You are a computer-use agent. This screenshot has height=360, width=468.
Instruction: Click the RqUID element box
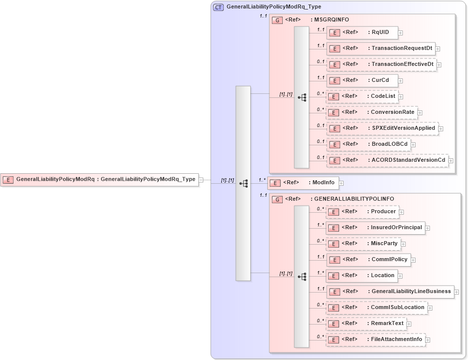pos(362,32)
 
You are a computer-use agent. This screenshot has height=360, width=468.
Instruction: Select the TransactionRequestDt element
pos(381,48)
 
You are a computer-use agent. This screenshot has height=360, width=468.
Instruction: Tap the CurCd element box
pos(362,80)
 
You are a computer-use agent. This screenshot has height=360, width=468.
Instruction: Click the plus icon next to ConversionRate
pos(420,113)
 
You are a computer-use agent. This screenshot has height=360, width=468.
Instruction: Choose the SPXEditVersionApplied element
pos(383,128)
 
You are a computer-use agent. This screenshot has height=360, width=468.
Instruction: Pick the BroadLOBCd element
pos(369,144)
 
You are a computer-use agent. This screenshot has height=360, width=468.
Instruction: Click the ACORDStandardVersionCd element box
pos(388,160)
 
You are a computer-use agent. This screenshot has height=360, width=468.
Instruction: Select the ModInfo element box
pos(303,183)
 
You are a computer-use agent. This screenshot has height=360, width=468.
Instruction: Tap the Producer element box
pos(363,212)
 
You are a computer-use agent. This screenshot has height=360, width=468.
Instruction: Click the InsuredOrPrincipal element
pos(376,228)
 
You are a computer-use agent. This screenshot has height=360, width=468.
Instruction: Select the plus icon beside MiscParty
pos(404,244)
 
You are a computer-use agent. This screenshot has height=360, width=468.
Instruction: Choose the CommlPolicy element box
pos(369,260)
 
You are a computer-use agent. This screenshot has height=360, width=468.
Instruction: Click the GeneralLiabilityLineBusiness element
pos(390,292)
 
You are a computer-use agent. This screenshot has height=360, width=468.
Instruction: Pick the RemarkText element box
pos(366,324)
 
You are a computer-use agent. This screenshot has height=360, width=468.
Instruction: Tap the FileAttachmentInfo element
pos(376,340)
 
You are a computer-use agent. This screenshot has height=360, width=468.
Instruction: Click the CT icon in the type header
pos(218,7)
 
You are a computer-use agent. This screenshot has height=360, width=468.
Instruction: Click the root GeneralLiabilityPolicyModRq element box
pos(99,179)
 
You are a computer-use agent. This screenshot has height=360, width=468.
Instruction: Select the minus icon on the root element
pos(201,180)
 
